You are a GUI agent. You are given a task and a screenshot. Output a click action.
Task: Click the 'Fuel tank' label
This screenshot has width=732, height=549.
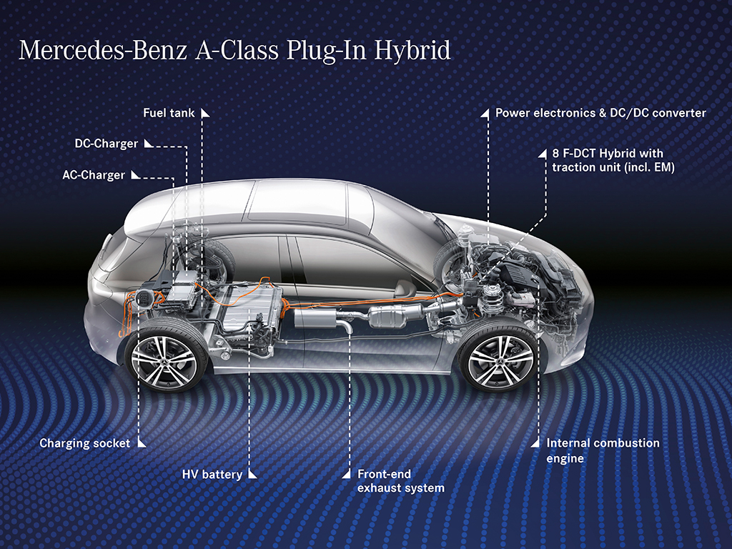click(x=169, y=113)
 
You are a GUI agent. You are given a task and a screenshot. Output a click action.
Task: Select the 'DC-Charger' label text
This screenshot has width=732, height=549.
click(x=106, y=144)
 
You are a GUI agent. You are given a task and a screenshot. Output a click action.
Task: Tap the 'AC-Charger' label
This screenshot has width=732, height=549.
click(x=94, y=175)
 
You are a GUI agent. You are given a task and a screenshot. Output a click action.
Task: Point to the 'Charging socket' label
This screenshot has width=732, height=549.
click(x=84, y=443)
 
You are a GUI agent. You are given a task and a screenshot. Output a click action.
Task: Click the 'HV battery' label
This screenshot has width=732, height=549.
click(x=212, y=475)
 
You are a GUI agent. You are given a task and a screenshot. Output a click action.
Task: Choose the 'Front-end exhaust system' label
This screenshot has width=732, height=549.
click(x=400, y=481)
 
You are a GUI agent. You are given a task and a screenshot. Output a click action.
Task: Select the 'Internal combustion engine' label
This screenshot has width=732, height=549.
click(x=603, y=450)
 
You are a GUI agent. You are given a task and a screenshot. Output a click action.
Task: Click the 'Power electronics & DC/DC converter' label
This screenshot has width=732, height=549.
click(x=600, y=113)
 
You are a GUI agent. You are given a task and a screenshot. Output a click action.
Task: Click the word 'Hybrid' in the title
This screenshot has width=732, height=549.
click(x=412, y=51)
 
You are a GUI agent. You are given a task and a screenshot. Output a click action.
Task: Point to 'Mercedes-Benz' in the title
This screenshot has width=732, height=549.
click(x=103, y=51)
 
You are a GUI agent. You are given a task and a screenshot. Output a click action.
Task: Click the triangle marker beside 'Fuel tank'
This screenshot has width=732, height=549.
click(x=205, y=113)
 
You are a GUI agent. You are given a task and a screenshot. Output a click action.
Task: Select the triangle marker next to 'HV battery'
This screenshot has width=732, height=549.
click(x=252, y=475)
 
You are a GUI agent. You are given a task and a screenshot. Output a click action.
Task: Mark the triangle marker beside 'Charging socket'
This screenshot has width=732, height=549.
click(x=142, y=443)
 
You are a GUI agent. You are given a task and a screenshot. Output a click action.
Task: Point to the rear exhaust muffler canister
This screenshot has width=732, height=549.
click(x=315, y=318)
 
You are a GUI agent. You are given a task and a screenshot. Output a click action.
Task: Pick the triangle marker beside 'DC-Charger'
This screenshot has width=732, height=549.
click(x=149, y=143)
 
